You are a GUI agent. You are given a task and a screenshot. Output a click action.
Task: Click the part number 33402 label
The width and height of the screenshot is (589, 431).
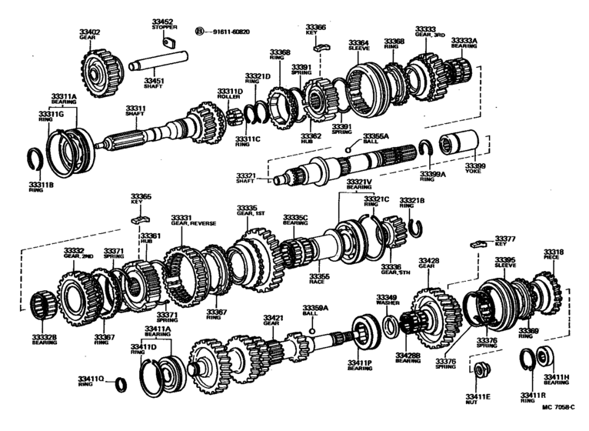89,32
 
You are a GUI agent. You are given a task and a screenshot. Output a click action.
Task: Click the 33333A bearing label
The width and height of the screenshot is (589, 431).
464,40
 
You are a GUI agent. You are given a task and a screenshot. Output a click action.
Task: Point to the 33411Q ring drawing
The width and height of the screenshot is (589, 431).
121,383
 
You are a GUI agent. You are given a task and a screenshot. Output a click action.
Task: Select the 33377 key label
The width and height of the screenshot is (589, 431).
505,239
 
